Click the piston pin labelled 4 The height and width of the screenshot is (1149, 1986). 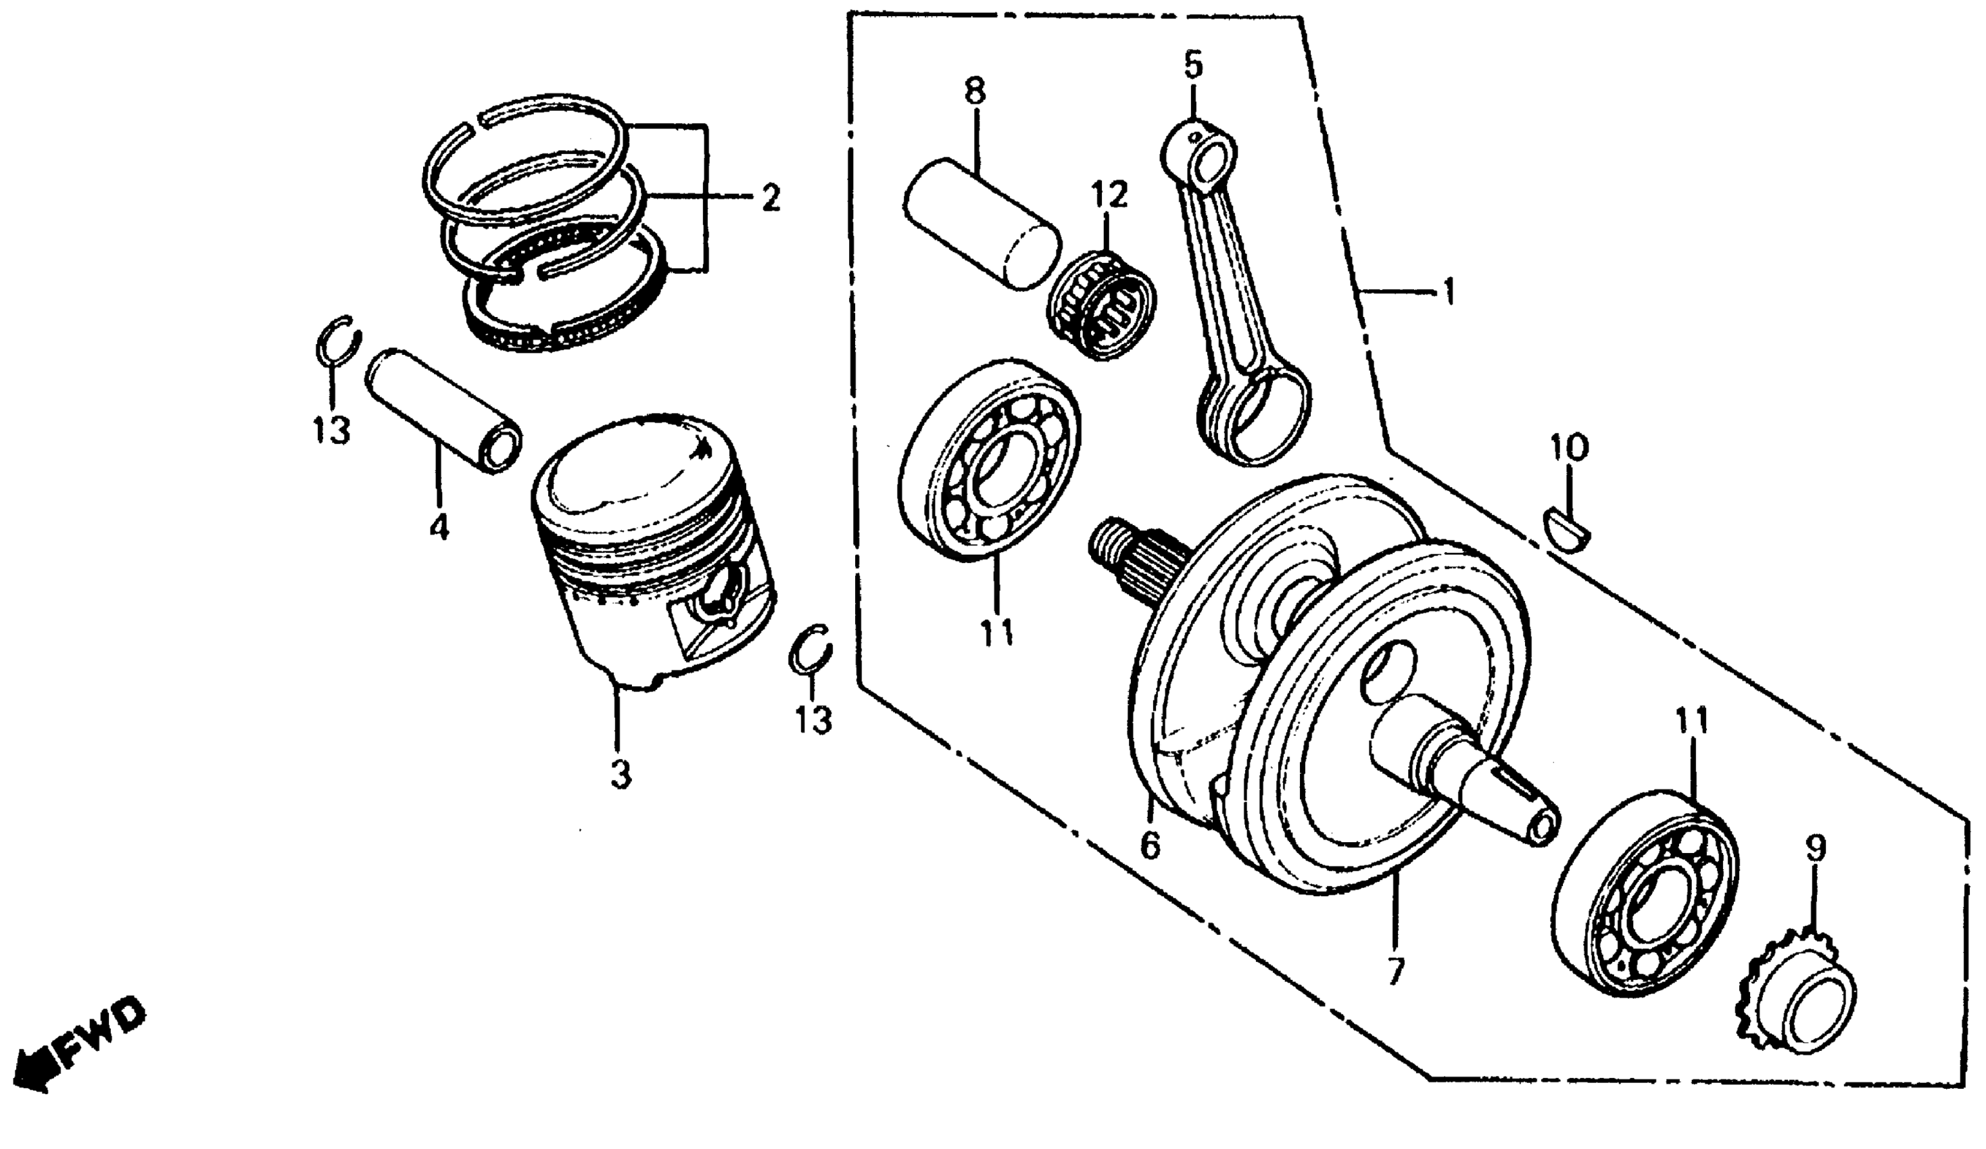click(443, 409)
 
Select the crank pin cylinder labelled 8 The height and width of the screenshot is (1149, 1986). click(982, 233)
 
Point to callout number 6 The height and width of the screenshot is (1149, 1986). click(1150, 846)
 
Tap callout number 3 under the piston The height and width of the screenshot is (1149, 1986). click(621, 774)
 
